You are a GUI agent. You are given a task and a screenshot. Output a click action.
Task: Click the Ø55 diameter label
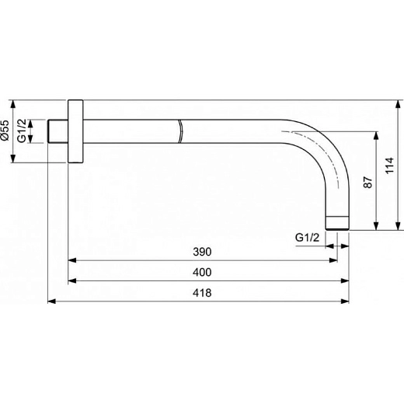coord(6,131)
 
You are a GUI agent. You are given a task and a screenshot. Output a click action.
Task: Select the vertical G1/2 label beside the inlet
coord(23,131)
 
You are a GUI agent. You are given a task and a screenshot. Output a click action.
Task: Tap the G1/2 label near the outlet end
coord(308,237)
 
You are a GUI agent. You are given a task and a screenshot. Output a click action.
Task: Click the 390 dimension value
coord(202,252)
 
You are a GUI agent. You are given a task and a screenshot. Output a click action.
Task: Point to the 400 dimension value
coord(202,273)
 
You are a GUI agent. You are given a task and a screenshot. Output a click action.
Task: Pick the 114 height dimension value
coord(392,165)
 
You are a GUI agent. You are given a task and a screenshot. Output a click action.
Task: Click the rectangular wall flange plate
coord(75,131)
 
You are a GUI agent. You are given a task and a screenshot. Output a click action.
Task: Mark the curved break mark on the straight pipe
coord(180,131)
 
